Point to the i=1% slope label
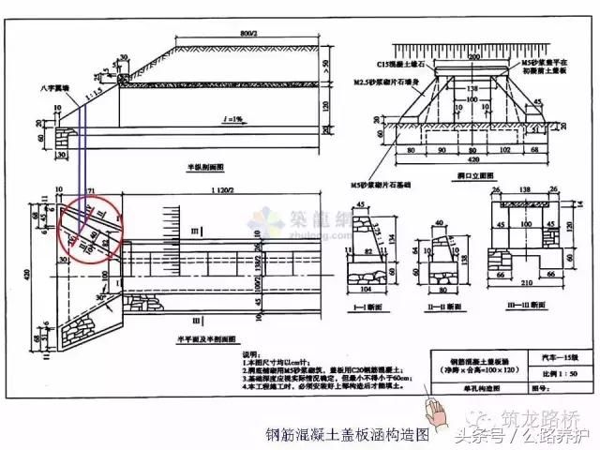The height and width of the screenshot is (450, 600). tap(231, 118)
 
